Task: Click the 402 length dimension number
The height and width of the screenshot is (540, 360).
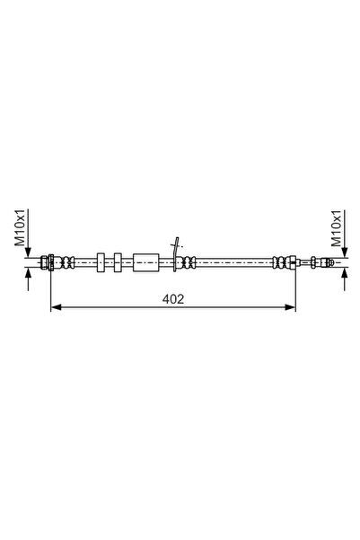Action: (174, 299)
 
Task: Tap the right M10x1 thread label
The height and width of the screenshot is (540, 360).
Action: (337, 228)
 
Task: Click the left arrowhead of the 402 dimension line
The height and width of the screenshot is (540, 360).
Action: (55, 307)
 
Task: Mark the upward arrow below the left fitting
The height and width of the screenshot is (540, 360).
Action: (31, 274)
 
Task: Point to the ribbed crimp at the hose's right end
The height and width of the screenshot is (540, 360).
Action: (284, 262)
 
